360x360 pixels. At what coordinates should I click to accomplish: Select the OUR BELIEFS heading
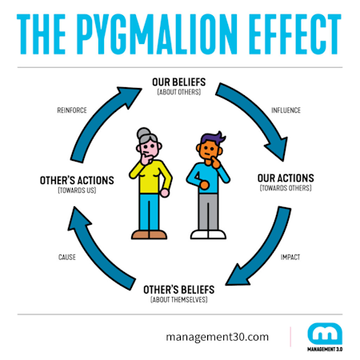click(179, 81)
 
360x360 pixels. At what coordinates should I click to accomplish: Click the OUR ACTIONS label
click(286, 178)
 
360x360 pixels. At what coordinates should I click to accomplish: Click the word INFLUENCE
click(286, 110)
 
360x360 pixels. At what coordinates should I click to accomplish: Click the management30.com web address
click(218, 337)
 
